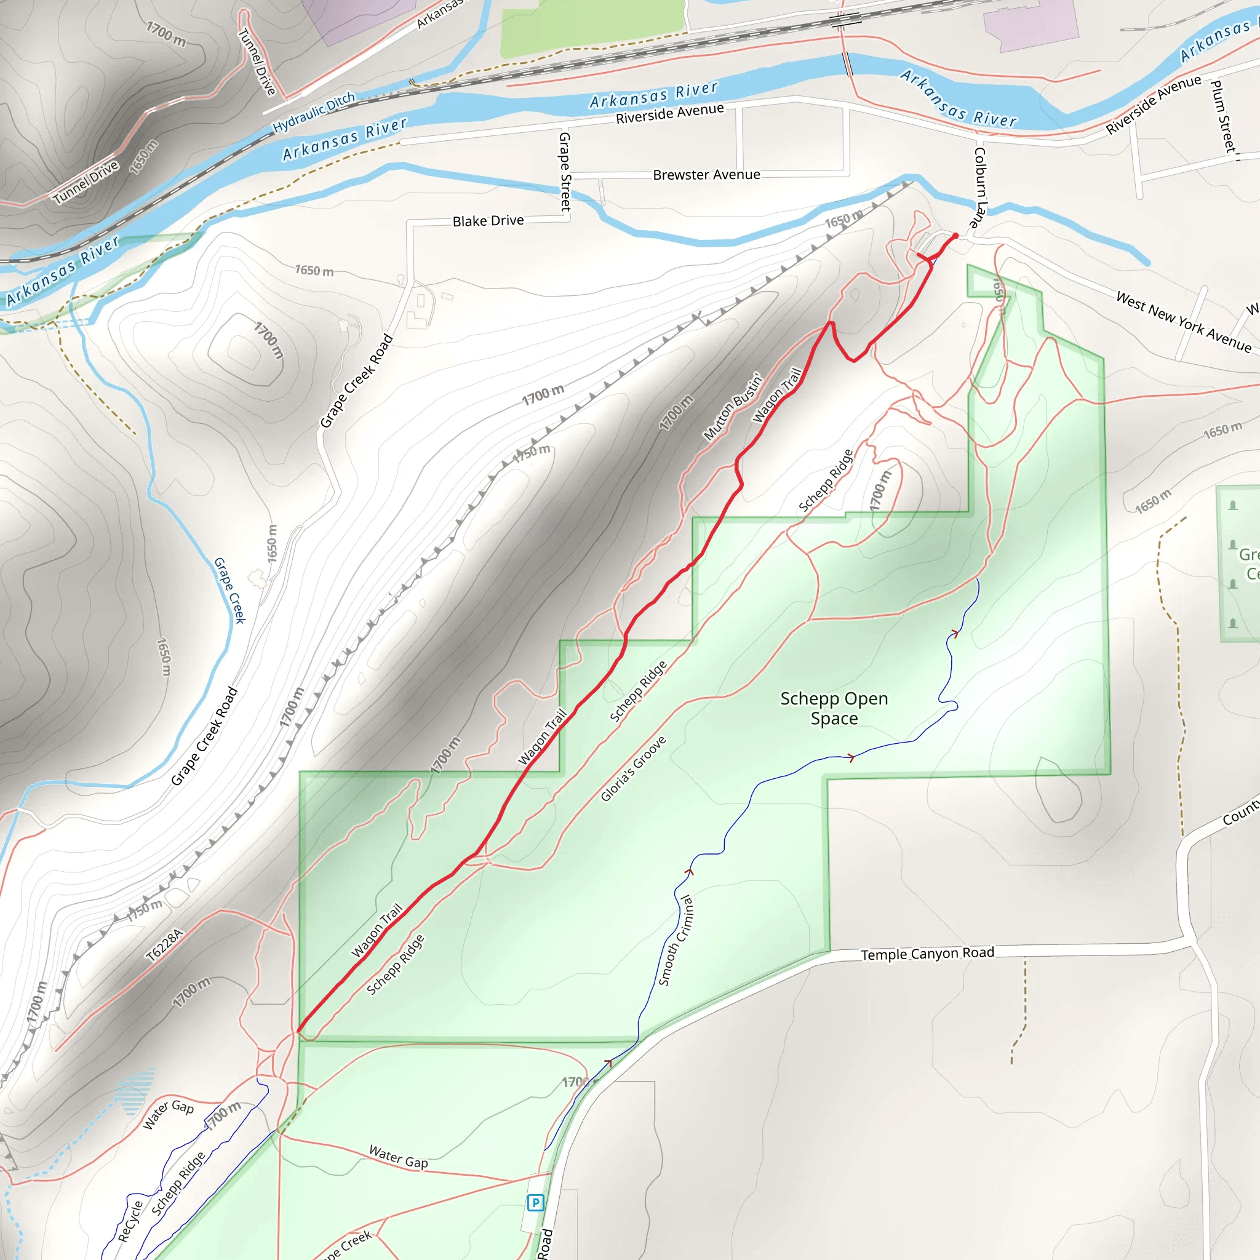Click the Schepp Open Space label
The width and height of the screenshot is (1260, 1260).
coord(834,708)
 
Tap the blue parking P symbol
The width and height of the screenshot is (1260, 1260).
coord(535,1203)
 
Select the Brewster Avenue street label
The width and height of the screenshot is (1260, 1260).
coord(706,175)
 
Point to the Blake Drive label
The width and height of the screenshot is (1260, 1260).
coord(488,221)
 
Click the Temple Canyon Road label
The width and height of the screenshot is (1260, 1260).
coord(927,954)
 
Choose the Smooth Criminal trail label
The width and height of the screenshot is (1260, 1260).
coord(676,941)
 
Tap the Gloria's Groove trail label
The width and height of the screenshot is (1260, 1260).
coord(633,768)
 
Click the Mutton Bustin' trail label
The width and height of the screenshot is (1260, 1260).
coord(732,407)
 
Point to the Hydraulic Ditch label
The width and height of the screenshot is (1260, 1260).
coord(314,112)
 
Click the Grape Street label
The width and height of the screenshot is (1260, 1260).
coord(565,172)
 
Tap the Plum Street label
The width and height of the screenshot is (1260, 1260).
coord(1223,118)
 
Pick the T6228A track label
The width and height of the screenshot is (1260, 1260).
coord(164,946)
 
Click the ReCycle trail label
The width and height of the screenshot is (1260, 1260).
coord(130,1221)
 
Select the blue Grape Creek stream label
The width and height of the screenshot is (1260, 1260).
coord(229,590)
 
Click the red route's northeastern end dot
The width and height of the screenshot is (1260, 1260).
coord(955,236)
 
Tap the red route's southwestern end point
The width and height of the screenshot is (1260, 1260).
coord(298,1031)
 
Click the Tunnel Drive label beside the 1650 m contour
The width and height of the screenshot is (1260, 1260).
coord(86,182)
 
